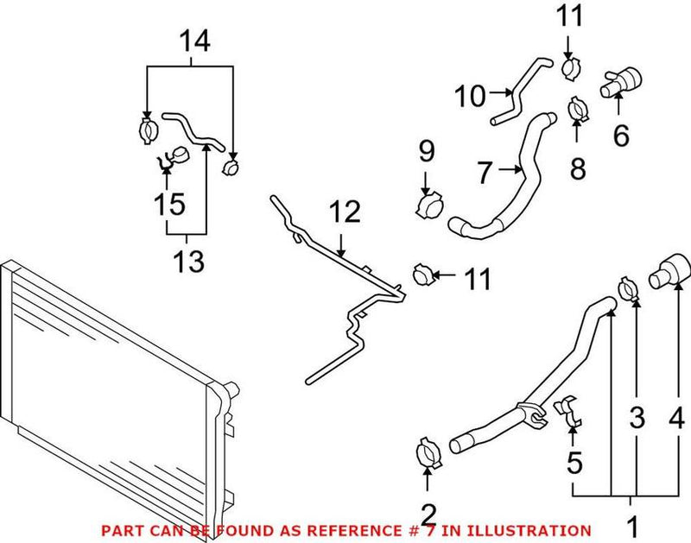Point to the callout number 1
pyautogui.click(x=631, y=524)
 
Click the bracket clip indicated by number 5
pyautogui.click(x=572, y=410)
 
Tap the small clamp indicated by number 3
pyautogui.click(x=630, y=288)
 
